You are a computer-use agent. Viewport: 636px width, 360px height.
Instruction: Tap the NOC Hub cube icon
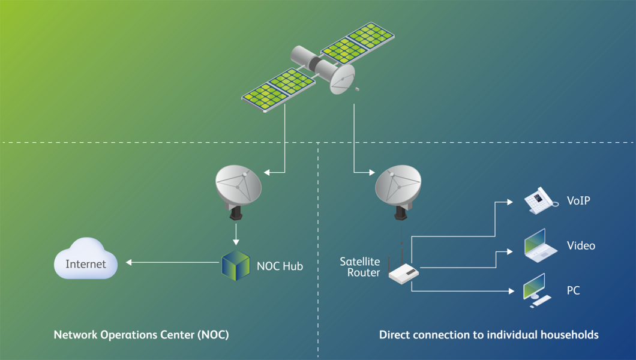[235, 266]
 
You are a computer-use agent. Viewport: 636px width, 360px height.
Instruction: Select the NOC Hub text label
[280, 266]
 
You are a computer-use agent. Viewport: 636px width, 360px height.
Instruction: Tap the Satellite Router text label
[360, 267]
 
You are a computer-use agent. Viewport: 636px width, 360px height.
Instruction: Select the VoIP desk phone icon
[540, 200]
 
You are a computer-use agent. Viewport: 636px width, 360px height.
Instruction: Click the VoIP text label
[578, 200]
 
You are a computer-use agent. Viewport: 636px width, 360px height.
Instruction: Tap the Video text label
[581, 245]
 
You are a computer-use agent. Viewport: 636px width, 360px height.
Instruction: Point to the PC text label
[574, 290]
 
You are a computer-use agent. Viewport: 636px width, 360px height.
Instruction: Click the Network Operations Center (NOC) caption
[141, 335]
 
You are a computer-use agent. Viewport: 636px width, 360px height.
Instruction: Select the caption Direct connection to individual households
[488, 335]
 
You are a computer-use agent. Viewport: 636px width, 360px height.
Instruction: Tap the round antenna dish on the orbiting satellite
[342, 80]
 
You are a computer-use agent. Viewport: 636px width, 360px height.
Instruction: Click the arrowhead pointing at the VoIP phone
[510, 202]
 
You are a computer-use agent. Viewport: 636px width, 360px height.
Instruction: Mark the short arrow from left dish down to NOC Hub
[236, 233]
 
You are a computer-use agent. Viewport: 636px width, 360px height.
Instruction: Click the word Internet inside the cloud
[86, 264]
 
